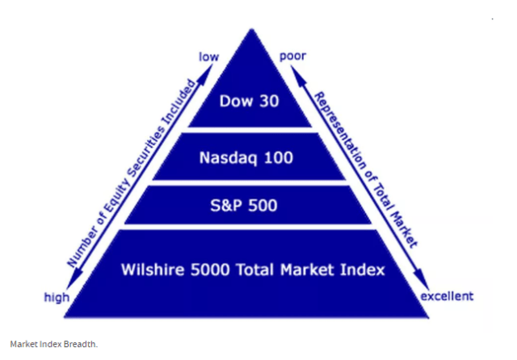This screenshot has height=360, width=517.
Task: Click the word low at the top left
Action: [209, 57]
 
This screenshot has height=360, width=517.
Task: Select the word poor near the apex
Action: [292, 57]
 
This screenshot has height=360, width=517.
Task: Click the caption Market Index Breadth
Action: [53, 344]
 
